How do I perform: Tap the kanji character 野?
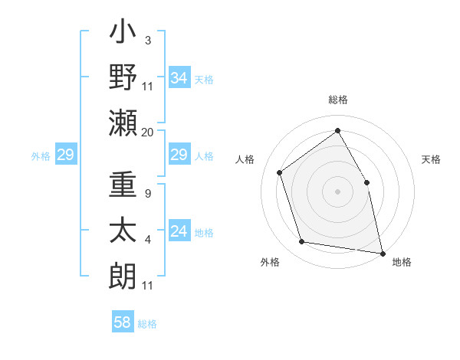123,77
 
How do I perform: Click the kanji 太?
123,230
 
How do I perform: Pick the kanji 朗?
123,273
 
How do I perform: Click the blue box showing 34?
179,77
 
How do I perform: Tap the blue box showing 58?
123,322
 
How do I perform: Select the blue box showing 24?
179,231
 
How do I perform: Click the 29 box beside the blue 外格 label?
65,155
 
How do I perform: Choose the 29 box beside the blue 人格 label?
179,155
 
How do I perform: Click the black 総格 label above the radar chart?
338,100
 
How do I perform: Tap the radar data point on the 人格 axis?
280,172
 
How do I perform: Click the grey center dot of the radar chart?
338,190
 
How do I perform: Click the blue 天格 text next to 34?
204,79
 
